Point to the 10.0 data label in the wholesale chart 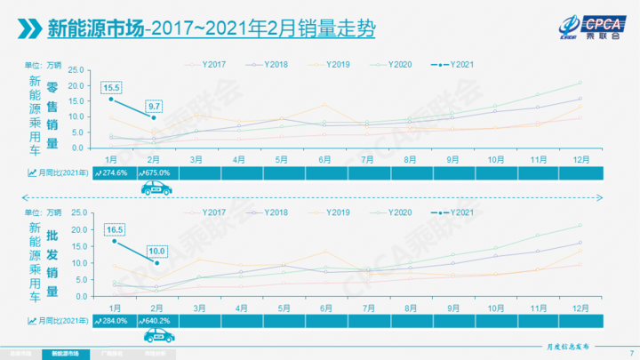(x=157, y=250)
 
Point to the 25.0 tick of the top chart (x=75, y=69)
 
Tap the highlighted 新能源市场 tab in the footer (x=66, y=353)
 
